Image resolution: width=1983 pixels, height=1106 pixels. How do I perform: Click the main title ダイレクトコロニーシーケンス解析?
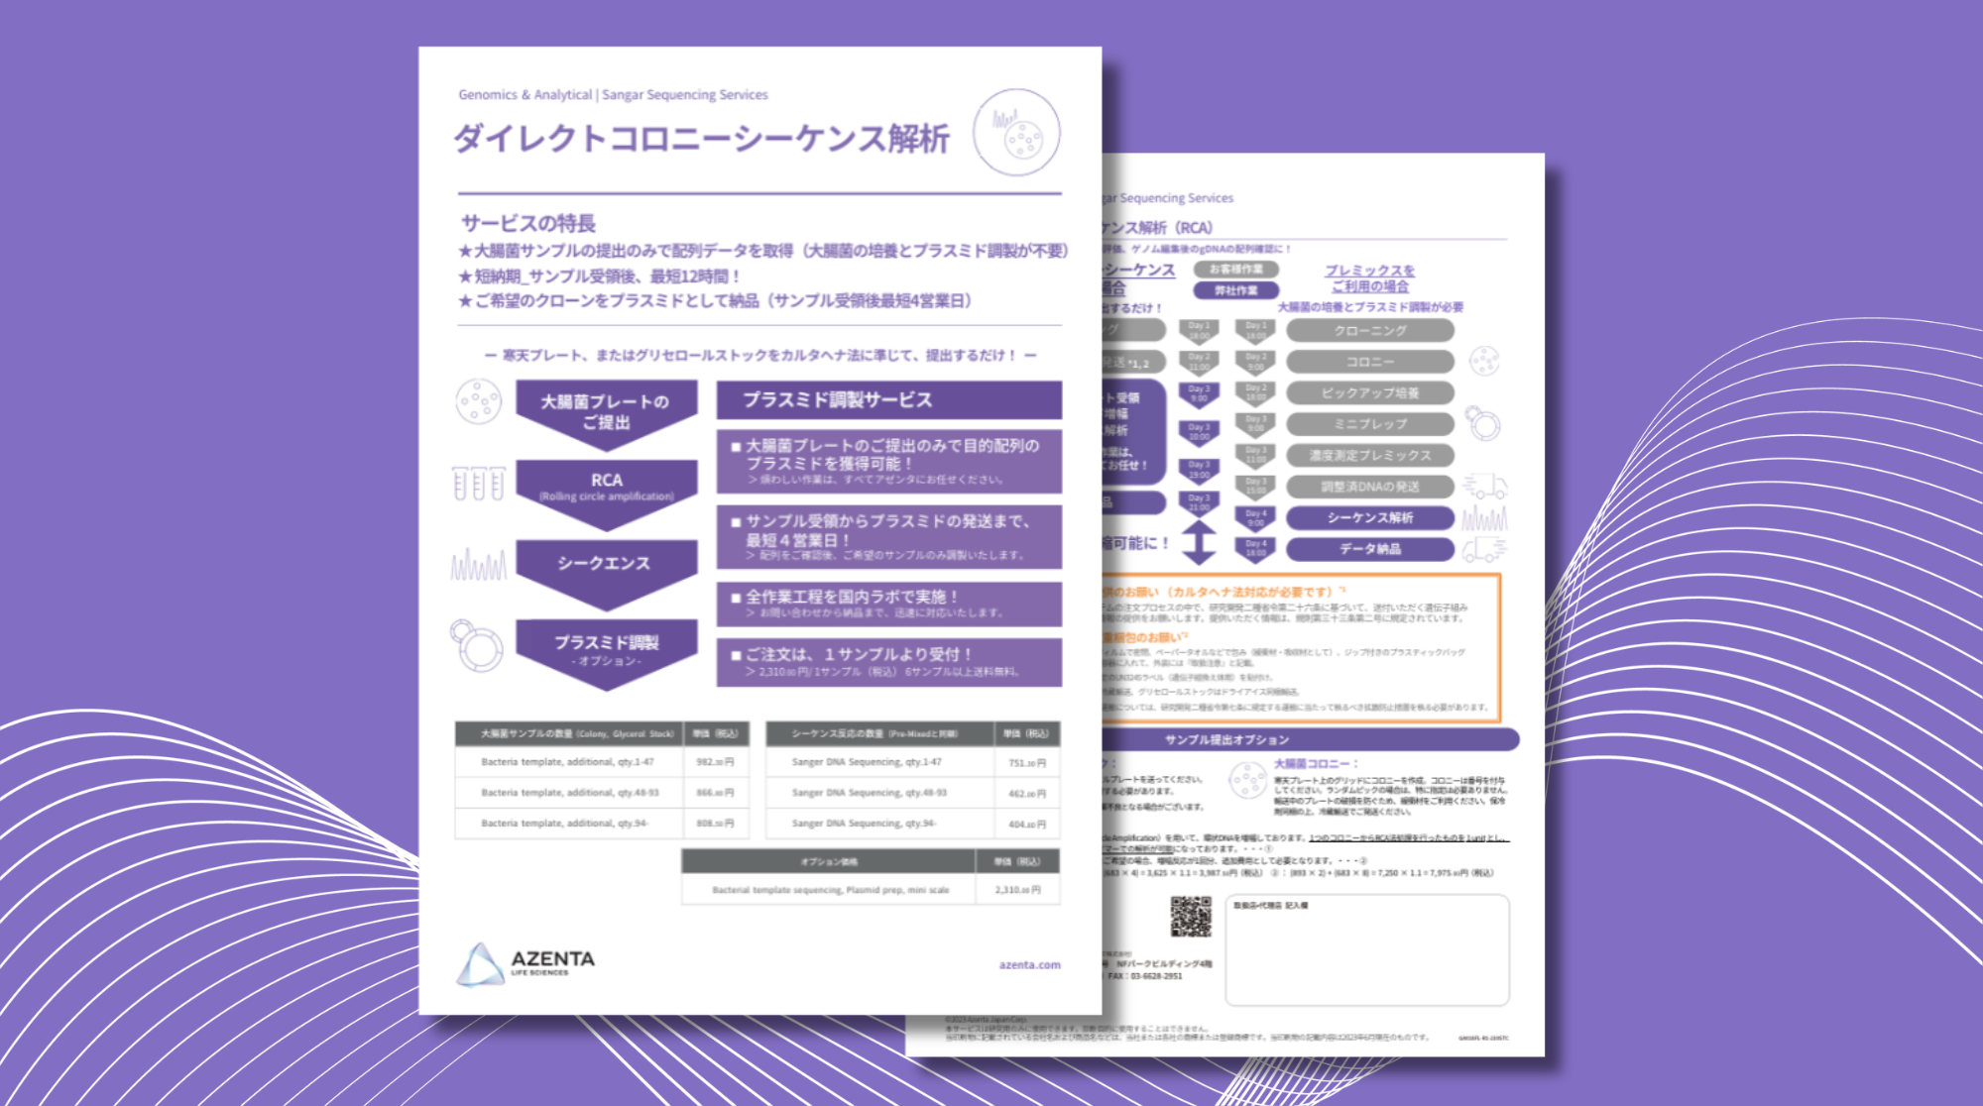[x=701, y=139]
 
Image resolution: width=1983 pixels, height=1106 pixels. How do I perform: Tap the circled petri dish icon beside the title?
[x=1016, y=133]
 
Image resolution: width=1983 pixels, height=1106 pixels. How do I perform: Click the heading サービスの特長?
[x=527, y=223]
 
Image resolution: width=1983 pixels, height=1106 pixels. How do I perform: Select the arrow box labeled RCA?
[x=606, y=483]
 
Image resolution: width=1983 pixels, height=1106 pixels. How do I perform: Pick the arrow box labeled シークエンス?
[x=604, y=565]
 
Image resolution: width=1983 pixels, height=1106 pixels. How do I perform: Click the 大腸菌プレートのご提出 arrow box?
[x=605, y=411]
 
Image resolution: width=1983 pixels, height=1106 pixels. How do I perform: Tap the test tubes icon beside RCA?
[x=479, y=483]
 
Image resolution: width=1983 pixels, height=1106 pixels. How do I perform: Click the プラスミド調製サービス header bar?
[x=888, y=399]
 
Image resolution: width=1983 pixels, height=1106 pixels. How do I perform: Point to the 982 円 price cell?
[x=715, y=762]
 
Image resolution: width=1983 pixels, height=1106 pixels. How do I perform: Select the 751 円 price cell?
[x=1027, y=762]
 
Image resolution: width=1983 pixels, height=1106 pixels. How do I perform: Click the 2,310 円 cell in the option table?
[x=1018, y=890]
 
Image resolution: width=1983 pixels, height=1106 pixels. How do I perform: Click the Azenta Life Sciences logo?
[x=526, y=963]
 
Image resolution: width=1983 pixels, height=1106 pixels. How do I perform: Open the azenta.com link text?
[x=1029, y=964]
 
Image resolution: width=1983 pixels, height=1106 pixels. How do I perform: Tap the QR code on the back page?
[x=1191, y=917]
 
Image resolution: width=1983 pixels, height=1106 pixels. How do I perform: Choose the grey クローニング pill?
[x=1370, y=331]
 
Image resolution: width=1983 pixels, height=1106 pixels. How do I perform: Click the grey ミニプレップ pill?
[x=1370, y=424]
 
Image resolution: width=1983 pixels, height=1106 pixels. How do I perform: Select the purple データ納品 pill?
[x=1370, y=549]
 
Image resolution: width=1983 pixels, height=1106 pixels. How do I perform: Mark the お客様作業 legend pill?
[x=1236, y=270]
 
